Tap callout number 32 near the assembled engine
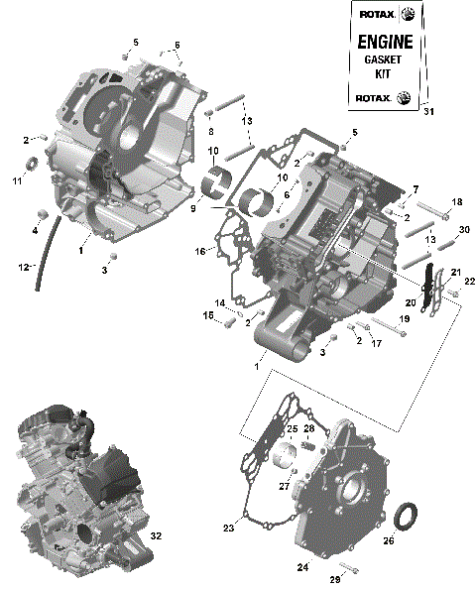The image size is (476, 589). [156, 535]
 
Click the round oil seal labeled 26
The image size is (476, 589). [407, 518]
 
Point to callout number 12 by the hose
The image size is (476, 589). [21, 268]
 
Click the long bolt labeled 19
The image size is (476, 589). [388, 331]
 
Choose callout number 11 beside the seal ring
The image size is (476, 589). [17, 180]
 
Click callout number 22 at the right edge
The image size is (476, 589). [470, 281]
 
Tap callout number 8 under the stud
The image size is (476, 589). [210, 130]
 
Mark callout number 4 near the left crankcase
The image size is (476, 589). [35, 231]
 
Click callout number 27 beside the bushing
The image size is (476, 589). [284, 487]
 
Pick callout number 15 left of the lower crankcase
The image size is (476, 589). [209, 315]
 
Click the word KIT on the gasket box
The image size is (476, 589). [381, 75]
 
